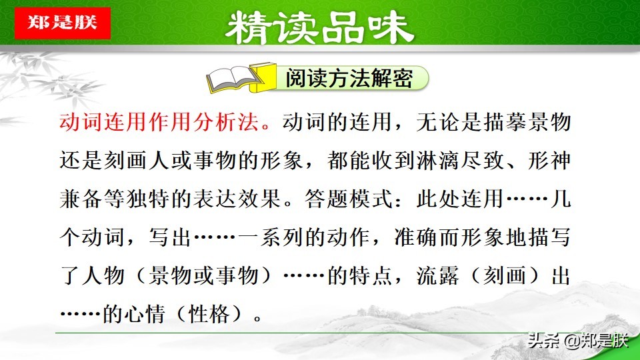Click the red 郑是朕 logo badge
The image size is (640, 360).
[x=62, y=22]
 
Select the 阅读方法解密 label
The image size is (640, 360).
[x=349, y=79]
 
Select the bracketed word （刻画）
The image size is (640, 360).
[x=507, y=275]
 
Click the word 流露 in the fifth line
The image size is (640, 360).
[x=444, y=275]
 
